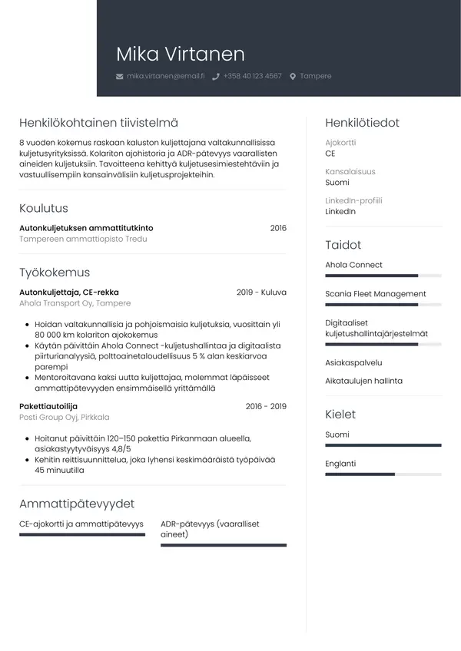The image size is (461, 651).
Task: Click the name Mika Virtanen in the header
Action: tap(180, 54)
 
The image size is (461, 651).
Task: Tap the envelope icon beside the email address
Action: tap(119, 77)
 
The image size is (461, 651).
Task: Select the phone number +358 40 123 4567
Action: tap(252, 77)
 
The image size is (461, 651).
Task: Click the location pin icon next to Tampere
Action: tap(293, 77)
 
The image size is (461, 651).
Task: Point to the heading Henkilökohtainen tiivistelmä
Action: tap(98, 123)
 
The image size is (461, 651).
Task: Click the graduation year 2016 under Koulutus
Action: tap(278, 228)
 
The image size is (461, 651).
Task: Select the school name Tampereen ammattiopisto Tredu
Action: tap(83, 240)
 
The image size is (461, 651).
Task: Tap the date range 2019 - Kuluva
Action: tap(261, 292)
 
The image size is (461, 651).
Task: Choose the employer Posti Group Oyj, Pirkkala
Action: tap(65, 417)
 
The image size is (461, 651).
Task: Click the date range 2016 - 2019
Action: tap(266, 406)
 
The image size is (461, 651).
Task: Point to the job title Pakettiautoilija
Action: tap(48, 406)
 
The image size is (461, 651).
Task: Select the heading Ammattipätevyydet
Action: tap(77, 504)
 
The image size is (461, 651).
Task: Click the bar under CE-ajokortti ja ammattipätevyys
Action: tap(82, 534)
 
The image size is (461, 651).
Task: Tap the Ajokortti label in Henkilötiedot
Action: tap(340, 143)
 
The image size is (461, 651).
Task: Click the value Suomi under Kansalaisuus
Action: tap(337, 183)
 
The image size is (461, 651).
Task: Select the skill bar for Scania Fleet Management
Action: tap(383, 305)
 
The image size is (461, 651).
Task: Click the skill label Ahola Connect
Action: tap(353, 265)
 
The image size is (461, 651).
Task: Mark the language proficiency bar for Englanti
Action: tap(383, 474)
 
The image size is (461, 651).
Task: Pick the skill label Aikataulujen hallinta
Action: tap(363, 381)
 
